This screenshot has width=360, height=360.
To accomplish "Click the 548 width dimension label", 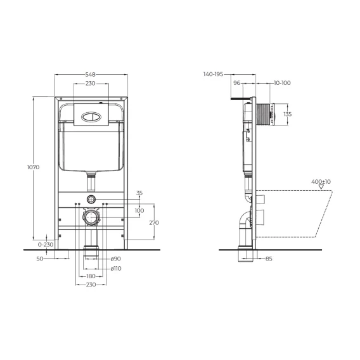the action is point(90,74).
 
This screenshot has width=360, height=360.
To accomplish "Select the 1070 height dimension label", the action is point(34,167).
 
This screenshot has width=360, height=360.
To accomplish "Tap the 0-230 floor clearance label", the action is point(46,245).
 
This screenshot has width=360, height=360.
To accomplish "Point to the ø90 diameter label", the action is point(116,259).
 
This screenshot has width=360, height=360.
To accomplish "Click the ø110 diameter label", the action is point(116,268).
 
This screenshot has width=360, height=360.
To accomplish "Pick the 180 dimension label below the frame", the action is point(91,276).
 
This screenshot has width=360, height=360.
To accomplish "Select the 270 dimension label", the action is point(154,222).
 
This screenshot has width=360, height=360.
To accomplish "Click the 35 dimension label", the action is point(139,193).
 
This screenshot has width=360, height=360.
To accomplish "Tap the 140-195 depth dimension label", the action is point(214,74).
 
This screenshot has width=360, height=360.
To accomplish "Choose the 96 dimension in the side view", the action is point(236,82).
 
